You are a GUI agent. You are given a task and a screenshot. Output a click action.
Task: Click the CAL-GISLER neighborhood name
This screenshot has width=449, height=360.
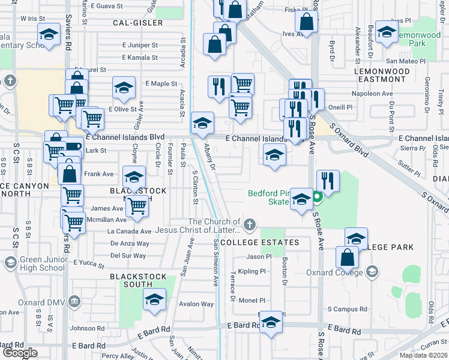(x=137, y=23)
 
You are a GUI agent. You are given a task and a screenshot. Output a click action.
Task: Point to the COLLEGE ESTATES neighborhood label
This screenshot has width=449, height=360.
(x=259, y=242)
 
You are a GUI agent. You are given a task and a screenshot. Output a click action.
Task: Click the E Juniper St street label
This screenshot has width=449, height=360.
(x=140, y=45)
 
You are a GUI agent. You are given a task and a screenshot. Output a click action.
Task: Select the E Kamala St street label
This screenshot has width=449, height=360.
(x=140, y=58)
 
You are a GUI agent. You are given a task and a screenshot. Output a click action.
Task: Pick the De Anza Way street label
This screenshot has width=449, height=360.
(x=130, y=244)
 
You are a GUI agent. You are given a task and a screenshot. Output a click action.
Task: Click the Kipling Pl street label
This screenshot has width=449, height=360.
(x=252, y=271)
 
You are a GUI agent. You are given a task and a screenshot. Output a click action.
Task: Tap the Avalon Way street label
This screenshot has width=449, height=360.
(x=196, y=304)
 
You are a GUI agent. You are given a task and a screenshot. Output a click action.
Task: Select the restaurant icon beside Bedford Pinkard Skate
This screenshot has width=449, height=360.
(x=328, y=180)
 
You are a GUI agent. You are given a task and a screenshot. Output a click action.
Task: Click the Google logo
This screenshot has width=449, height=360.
(x=20, y=353)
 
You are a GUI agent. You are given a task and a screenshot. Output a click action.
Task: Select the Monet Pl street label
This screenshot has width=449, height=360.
(x=252, y=301)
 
